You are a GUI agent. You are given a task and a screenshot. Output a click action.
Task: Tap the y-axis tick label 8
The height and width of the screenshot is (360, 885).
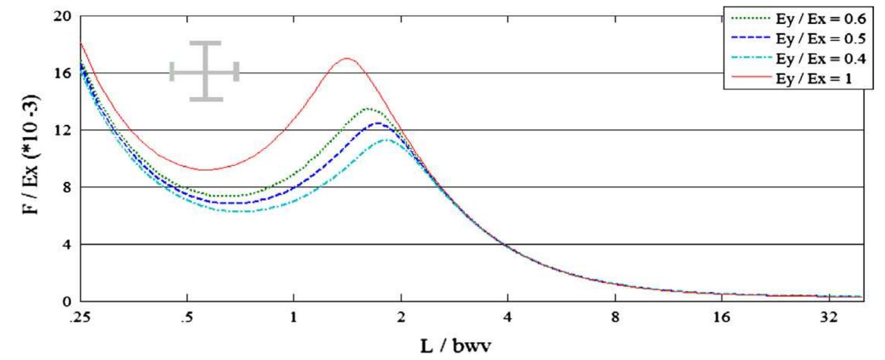[x=65, y=187]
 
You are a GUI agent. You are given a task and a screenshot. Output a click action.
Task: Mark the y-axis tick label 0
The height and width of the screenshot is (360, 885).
[x=66, y=302]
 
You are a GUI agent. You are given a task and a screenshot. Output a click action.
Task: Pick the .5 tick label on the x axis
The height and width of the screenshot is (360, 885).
[x=187, y=317]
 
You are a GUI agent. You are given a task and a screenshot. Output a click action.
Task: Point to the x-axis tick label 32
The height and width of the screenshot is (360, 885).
[x=829, y=317]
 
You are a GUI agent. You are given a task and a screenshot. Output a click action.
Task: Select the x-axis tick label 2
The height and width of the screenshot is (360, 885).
[x=400, y=317]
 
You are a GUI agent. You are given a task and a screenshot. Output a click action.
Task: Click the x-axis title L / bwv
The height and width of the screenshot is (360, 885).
[x=455, y=346]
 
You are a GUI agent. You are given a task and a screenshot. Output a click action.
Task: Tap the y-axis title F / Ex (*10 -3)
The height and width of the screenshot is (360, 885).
[x=34, y=154]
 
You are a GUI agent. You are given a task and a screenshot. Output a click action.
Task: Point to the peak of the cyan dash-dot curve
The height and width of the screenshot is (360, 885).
[x=387, y=139]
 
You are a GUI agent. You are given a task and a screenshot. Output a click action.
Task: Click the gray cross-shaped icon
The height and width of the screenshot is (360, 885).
[x=205, y=71]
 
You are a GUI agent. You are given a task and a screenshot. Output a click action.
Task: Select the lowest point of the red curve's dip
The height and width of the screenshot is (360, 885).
[x=205, y=170]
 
